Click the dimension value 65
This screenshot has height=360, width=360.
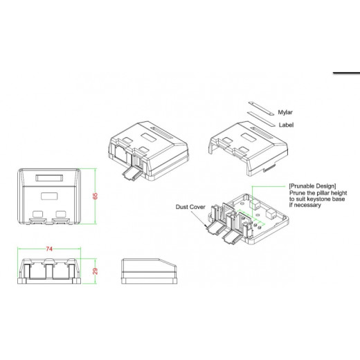95,196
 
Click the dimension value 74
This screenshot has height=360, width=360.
49,249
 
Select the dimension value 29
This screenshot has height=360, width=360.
95,271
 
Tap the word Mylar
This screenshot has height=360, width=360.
285,112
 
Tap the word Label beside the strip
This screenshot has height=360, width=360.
286,125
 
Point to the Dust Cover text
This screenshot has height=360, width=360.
190,207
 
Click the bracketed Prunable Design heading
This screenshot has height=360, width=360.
312,186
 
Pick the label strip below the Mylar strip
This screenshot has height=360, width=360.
261,119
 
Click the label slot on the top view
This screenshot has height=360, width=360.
49,178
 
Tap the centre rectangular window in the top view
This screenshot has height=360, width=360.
49,196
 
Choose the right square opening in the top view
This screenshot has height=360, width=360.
61,214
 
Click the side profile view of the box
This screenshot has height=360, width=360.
149,271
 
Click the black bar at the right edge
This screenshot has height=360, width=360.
346,73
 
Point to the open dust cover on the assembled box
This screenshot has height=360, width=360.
131,174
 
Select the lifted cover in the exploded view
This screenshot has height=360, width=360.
249,148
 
